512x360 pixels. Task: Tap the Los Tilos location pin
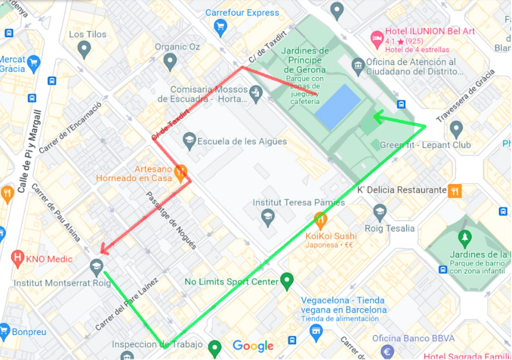pos(84,49)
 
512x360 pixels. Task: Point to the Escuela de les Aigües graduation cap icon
pos(189,141)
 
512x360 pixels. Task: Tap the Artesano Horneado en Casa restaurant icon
pos(180,172)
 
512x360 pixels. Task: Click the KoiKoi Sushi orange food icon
pos(321,219)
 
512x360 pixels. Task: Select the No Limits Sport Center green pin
pos(286,281)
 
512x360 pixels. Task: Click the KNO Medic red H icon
pos(18,257)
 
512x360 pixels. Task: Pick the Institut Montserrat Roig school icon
pos(96,267)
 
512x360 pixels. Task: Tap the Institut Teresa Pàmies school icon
pos(268,218)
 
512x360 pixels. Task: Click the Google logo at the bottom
pos(253,346)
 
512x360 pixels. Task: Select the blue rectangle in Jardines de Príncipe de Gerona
pos(338,106)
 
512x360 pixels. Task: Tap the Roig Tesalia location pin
pos(380,212)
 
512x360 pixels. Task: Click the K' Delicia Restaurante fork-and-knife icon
pos(455,190)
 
